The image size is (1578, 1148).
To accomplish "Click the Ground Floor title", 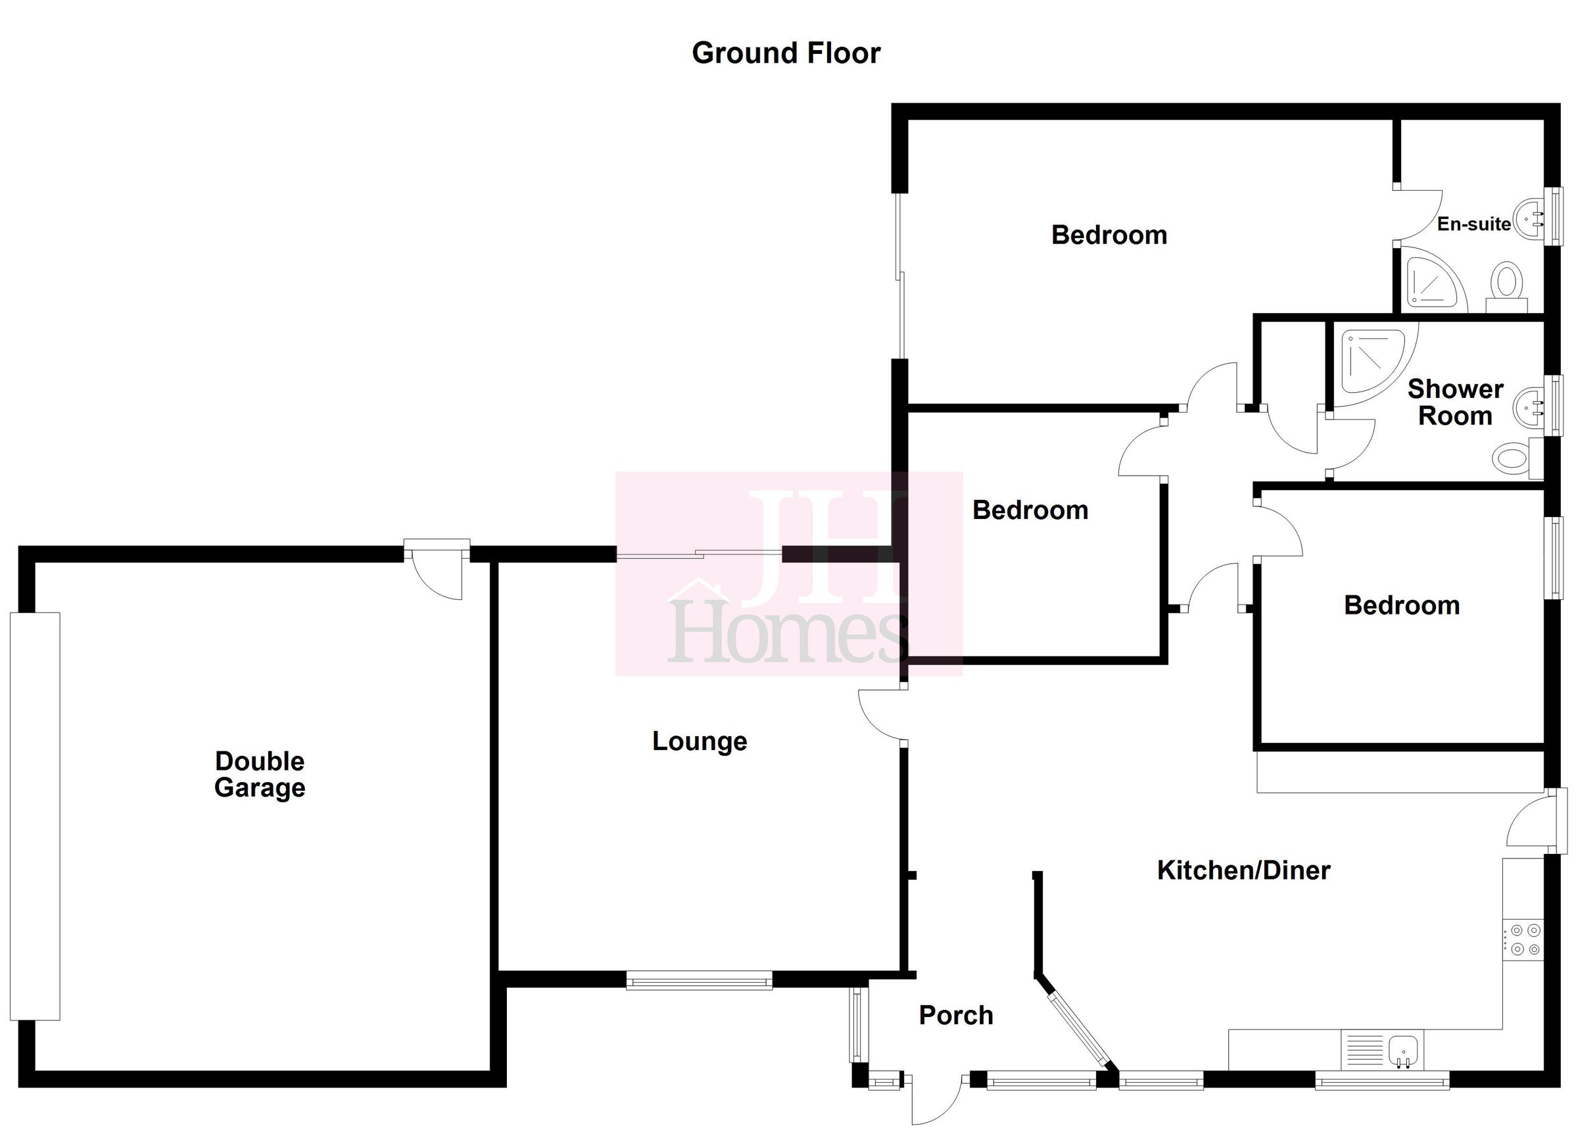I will tap(786, 53).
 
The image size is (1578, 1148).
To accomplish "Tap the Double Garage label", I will tap(260, 774).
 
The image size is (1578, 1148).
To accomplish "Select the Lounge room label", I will tap(699, 741).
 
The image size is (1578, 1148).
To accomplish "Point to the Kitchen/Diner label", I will tap(1243, 870).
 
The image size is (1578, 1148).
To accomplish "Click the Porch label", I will tap(955, 1015).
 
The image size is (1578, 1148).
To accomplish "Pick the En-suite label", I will tap(1473, 224).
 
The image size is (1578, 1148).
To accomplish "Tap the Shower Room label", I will tap(1455, 403).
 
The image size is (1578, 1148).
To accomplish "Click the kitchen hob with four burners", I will tap(1522, 939).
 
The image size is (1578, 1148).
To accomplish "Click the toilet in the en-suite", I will tap(1507, 286).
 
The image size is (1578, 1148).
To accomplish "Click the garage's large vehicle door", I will tap(35, 816).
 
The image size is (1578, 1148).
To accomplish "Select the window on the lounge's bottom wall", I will tap(698, 981).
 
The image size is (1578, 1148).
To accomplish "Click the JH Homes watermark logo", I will tap(788, 574).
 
